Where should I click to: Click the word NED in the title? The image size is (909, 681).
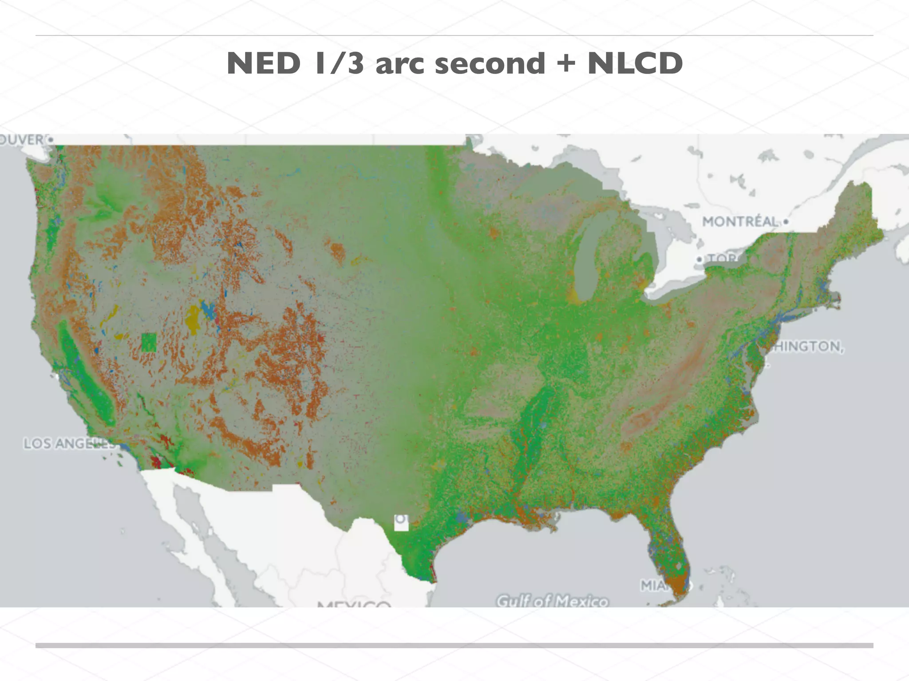pos(263,63)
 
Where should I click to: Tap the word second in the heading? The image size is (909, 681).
pos(490,63)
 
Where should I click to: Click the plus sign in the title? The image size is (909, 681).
pos(566,63)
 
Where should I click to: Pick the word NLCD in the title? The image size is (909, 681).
pos(635,63)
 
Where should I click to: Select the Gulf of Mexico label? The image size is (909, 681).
pos(552,601)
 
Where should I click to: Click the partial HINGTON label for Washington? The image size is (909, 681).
pos(807,346)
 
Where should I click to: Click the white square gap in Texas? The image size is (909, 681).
pos(401,523)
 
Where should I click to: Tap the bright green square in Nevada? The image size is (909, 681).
pos(149,342)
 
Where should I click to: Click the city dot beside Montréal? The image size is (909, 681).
pos(786,221)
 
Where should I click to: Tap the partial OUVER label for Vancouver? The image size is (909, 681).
pos(22,140)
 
